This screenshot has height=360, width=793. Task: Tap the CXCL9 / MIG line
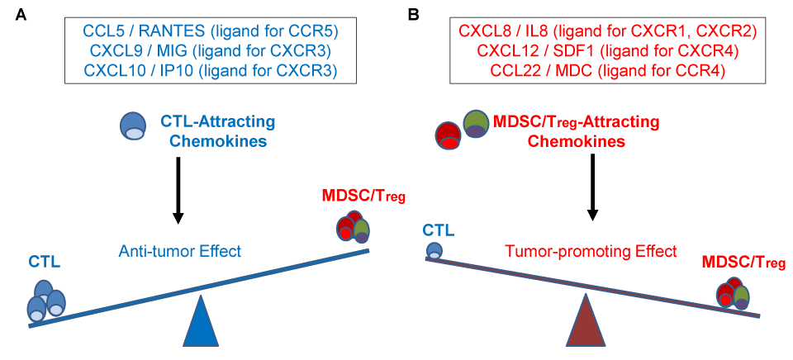click(211, 52)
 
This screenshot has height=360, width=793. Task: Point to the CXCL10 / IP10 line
click(211, 71)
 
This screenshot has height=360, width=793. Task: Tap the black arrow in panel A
click(177, 191)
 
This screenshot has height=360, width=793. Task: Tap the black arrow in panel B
click(591, 191)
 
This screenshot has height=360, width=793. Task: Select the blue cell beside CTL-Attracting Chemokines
click(133, 126)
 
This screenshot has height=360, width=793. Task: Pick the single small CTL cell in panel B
click(434, 250)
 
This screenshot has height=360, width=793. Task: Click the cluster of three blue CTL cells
click(45, 301)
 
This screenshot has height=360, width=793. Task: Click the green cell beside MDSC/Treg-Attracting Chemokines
click(476, 125)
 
